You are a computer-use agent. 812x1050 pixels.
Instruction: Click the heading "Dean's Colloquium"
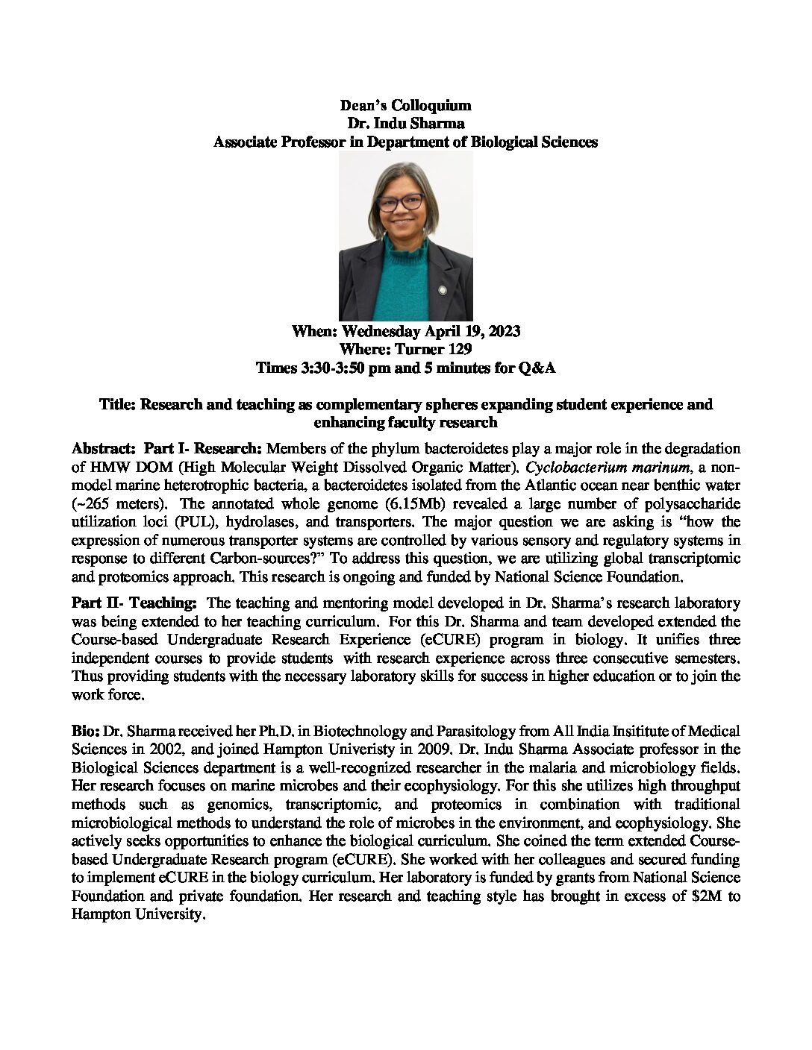coord(405,106)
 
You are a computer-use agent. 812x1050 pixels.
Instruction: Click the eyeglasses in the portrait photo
coord(400,201)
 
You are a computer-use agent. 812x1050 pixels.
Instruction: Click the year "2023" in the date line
coord(504,331)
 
